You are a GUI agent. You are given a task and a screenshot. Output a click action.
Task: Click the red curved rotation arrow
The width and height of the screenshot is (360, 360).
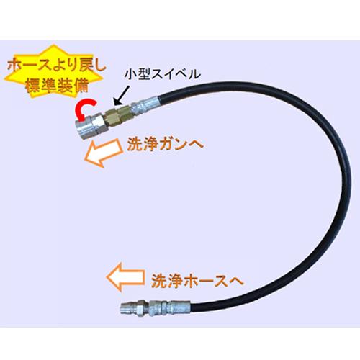click(79, 109)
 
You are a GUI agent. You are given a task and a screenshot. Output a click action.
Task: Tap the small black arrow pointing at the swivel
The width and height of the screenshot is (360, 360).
click(122, 96)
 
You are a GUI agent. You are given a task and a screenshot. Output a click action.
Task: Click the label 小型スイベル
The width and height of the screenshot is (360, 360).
click(163, 74)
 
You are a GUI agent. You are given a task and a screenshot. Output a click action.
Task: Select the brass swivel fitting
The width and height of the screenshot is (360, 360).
click(118, 116)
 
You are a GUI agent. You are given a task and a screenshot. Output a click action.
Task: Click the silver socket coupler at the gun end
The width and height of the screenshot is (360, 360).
click(91, 127)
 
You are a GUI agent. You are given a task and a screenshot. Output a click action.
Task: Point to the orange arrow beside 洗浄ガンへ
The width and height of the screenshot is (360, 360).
click(104, 153)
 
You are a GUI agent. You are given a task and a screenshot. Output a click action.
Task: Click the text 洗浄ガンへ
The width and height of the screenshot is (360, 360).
click(165, 144)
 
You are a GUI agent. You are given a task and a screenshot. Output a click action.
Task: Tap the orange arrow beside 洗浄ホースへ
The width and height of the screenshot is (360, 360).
click(125, 276)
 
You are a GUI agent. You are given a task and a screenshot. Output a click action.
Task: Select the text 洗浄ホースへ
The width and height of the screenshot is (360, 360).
click(197, 281)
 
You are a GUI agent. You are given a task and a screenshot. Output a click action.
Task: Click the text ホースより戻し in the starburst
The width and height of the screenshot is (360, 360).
click(57, 66)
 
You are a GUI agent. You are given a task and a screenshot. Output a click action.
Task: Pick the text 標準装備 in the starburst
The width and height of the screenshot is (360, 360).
click(57, 86)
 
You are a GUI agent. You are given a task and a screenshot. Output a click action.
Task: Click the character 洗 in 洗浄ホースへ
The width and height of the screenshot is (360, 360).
click(158, 281)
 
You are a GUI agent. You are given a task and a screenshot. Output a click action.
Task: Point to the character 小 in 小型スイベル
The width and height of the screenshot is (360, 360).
click(130, 74)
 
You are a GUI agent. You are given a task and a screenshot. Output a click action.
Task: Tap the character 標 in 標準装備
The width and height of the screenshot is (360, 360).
click(32, 86)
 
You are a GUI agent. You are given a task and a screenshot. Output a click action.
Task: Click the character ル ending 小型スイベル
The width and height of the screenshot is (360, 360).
click(194, 74)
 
